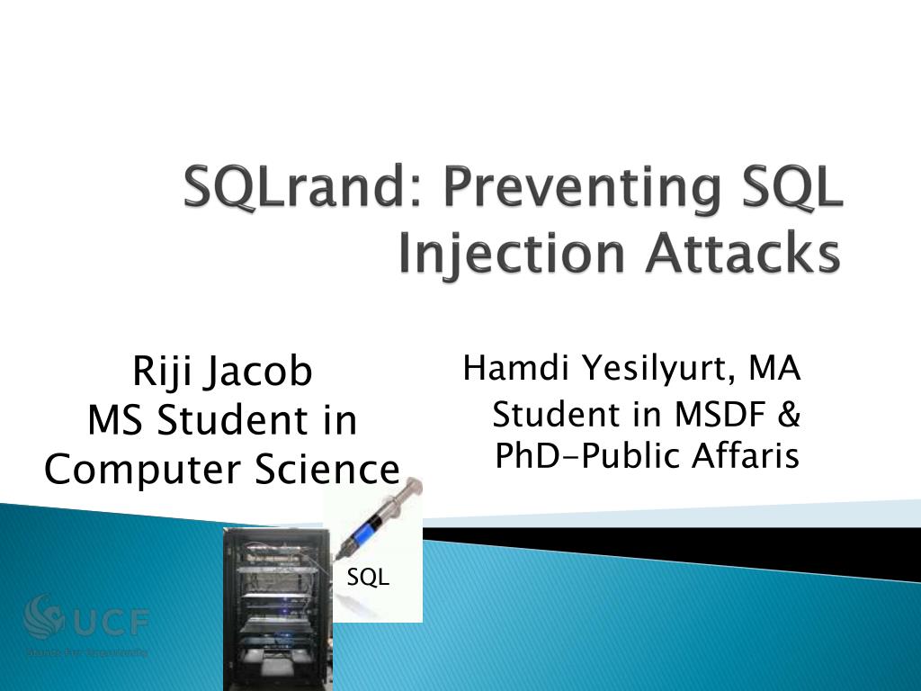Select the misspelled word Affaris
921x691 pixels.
click(x=746, y=457)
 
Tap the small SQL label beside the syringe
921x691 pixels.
click(x=369, y=579)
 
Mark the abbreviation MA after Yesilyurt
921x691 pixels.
click(x=775, y=369)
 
